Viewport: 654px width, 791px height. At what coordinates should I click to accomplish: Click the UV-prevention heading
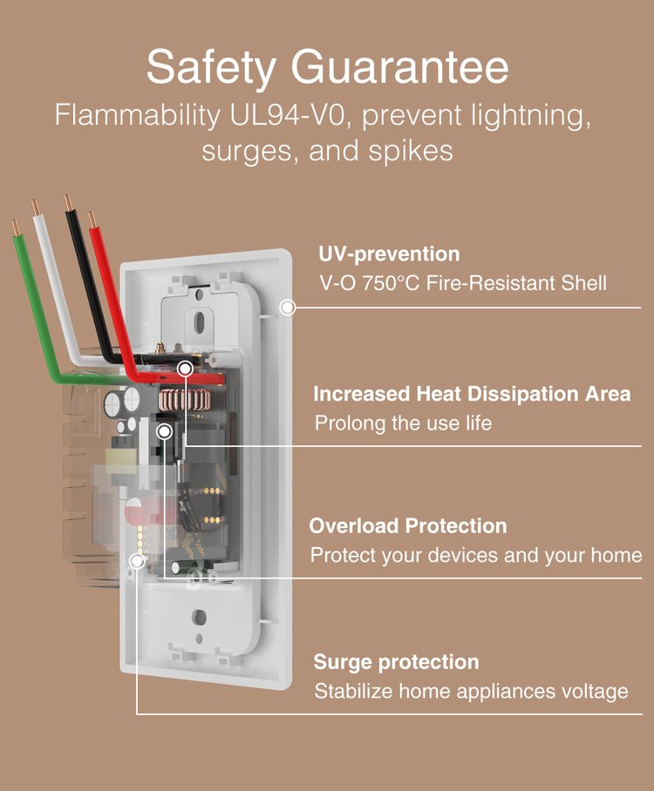(x=389, y=254)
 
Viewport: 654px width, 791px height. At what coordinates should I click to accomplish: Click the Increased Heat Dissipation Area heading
(x=472, y=394)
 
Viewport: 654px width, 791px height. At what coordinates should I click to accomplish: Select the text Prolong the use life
(x=403, y=423)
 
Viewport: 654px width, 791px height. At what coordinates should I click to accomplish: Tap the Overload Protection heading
(x=407, y=526)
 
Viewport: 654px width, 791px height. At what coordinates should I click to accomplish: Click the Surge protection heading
(x=396, y=662)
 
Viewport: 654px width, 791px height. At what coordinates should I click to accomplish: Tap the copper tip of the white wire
(x=36, y=208)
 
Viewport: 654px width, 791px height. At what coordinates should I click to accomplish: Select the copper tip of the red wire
(x=92, y=219)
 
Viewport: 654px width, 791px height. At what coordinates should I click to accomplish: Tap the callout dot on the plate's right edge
(x=288, y=308)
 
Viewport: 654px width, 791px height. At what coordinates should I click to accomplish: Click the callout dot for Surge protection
(x=137, y=561)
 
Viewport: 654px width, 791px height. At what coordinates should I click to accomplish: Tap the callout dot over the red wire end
(x=185, y=369)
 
